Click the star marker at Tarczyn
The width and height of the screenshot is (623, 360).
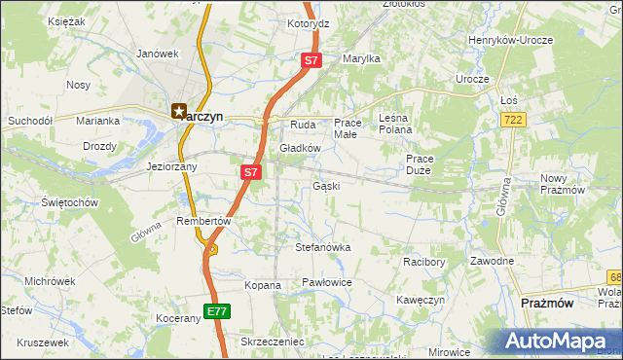178,112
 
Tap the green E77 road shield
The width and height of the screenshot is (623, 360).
216,311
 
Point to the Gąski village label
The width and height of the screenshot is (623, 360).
325,185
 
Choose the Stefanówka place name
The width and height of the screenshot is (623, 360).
322,247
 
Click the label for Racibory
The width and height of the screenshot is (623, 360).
423,262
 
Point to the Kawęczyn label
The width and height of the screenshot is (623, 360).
421,300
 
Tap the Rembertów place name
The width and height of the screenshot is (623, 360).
202,221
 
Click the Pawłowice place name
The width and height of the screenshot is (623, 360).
326,282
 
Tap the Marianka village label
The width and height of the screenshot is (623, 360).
97,121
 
